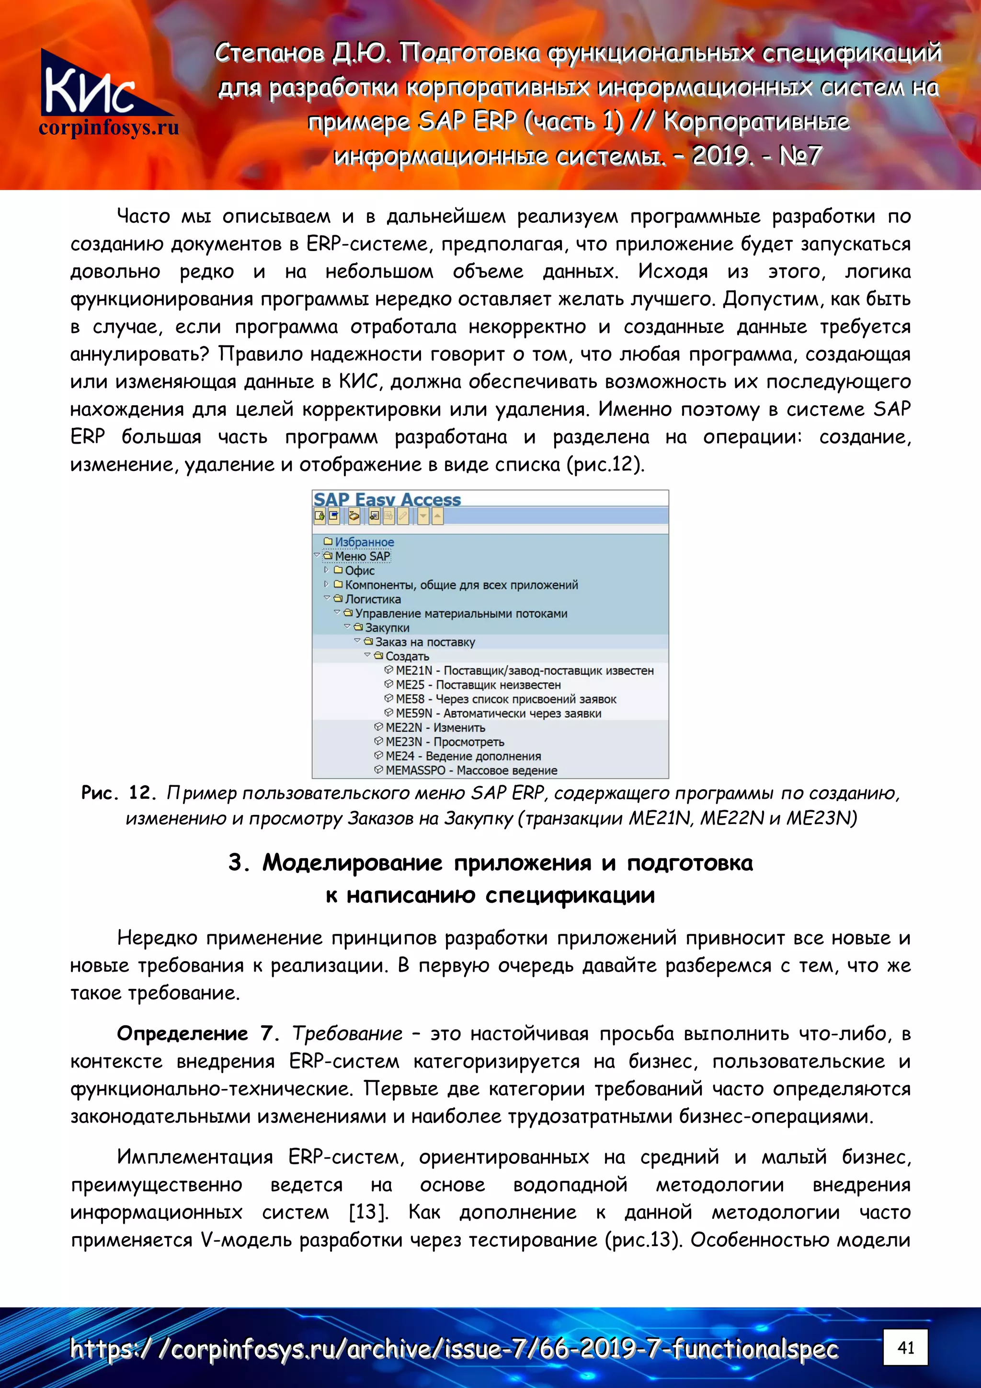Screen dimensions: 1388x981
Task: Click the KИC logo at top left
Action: pos(91,85)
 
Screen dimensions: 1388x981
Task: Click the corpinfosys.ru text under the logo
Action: pos(109,127)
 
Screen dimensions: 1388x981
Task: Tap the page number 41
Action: pos(905,1347)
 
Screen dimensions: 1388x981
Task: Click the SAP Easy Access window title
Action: pos(387,499)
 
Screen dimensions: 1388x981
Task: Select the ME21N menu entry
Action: pos(524,670)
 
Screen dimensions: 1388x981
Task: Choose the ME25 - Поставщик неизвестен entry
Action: pos(478,685)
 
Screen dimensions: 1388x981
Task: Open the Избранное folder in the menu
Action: pos(364,542)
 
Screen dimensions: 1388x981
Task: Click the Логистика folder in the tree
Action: pos(372,599)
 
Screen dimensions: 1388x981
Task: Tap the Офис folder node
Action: pos(360,571)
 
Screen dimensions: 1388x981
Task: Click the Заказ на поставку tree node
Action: pos(424,642)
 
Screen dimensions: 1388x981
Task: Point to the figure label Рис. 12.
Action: pos(119,792)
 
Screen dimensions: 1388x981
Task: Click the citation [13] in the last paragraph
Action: pos(368,1212)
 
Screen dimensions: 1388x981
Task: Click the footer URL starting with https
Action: pos(453,1349)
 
